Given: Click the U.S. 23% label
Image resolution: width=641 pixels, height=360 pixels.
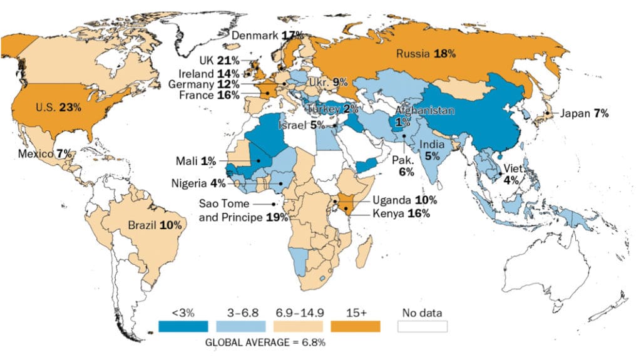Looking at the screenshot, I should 58,107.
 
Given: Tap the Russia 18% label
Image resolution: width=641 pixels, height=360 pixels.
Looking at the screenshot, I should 425,54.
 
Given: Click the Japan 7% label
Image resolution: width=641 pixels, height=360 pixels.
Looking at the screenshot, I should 584,113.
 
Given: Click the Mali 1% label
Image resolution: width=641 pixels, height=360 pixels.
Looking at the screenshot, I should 196,162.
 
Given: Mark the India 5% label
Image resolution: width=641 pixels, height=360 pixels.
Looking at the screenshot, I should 432,150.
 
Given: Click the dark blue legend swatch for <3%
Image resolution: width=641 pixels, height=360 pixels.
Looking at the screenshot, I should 183,326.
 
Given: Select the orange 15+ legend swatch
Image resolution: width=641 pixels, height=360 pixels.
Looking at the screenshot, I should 356,326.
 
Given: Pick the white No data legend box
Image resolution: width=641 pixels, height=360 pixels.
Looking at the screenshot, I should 423,326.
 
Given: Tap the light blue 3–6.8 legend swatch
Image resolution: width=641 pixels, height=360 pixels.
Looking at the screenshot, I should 240,326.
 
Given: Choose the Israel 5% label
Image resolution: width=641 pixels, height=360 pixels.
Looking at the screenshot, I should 299,125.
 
